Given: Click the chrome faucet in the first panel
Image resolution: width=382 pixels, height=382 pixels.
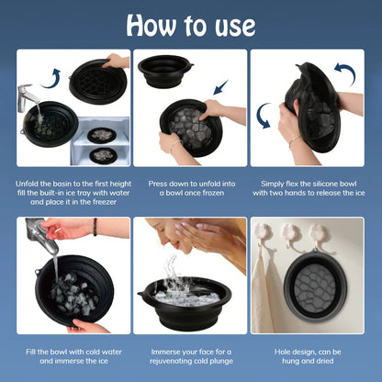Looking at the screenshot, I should [x=28, y=95].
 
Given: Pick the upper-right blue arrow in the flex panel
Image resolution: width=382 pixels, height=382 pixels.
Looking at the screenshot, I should [x=344, y=73].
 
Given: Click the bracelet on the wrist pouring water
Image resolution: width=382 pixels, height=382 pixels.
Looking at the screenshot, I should [x=94, y=227].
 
